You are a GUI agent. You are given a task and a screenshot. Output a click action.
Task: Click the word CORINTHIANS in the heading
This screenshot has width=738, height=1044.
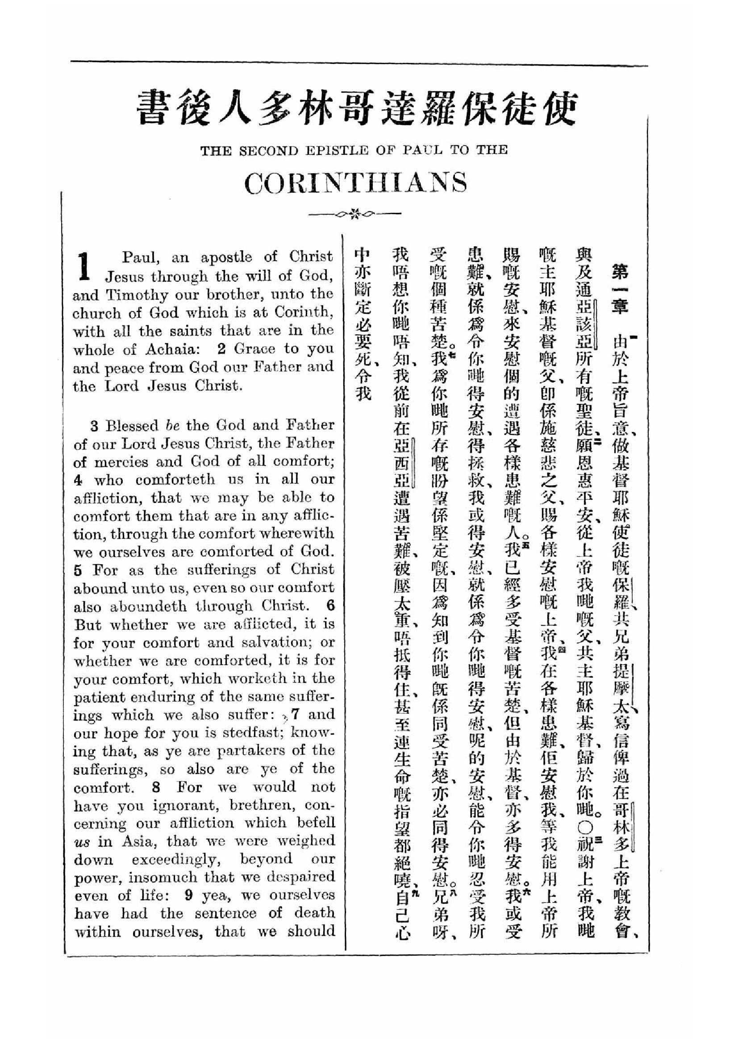point(355,183)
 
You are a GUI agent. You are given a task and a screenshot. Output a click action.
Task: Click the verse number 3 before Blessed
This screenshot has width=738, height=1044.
point(94,426)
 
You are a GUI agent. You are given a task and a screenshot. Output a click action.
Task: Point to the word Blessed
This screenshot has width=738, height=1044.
point(133,426)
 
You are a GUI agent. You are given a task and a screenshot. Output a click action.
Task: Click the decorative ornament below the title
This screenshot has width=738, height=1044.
point(354,213)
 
